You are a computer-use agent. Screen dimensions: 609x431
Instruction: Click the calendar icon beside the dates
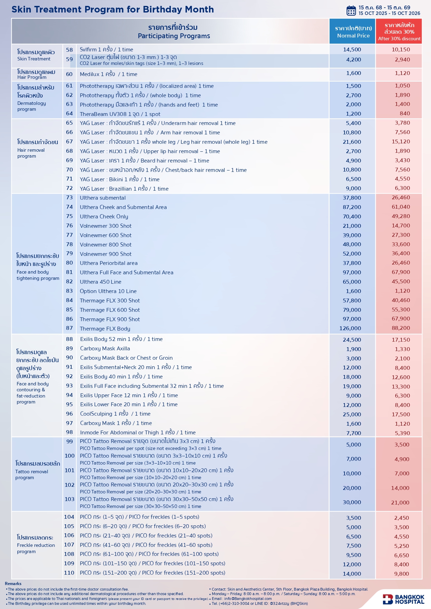[x=351, y=10]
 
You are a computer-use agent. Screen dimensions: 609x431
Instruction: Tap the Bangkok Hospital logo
[x=404, y=599]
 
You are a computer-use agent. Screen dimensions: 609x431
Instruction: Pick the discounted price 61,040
[x=401, y=207]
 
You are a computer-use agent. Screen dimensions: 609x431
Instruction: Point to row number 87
[x=69, y=328]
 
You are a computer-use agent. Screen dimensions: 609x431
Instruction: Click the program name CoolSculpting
[x=96, y=414]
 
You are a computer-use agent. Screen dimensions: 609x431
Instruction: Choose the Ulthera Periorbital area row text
[x=109, y=263]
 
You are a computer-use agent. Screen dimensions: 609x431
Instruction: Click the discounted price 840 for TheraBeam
[x=405, y=114]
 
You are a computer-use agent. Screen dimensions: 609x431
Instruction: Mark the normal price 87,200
[x=352, y=207]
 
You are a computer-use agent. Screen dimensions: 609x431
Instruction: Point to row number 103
[x=69, y=499]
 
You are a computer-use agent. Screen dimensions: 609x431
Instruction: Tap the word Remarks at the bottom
[x=13, y=584]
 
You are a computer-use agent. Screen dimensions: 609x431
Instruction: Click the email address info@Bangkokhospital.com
[x=248, y=599]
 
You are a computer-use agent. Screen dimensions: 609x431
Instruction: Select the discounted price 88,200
[x=401, y=328]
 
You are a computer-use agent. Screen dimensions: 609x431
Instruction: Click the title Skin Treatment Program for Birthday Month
[x=113, y=9]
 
